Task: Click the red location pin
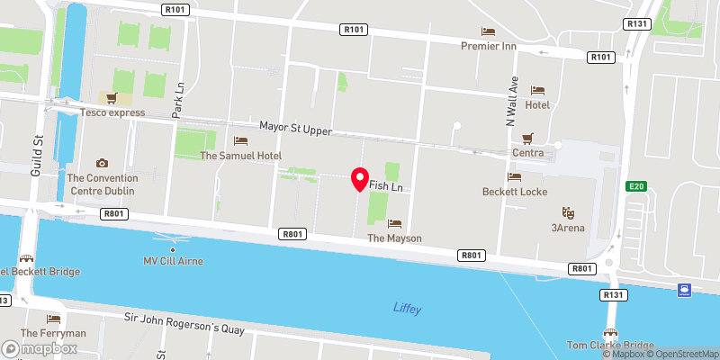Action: click(359, 178)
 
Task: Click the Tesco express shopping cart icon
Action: click(112, 98)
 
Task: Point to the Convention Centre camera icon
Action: click(102, 163)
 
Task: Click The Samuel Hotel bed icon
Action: click(240, 140)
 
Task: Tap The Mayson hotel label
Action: click(394, 238)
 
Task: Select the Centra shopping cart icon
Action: click(528, 138)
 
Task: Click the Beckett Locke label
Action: click(515, 192)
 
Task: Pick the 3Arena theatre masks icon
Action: click(569, 212)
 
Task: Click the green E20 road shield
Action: click(636, 186)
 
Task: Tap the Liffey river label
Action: click(407, 309)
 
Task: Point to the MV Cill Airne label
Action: click(173, 261)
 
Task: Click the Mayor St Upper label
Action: click(296, 130)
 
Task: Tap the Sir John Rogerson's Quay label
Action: click(184, 324)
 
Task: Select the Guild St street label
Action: click(38, 156)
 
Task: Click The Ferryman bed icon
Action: click(53, 319)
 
